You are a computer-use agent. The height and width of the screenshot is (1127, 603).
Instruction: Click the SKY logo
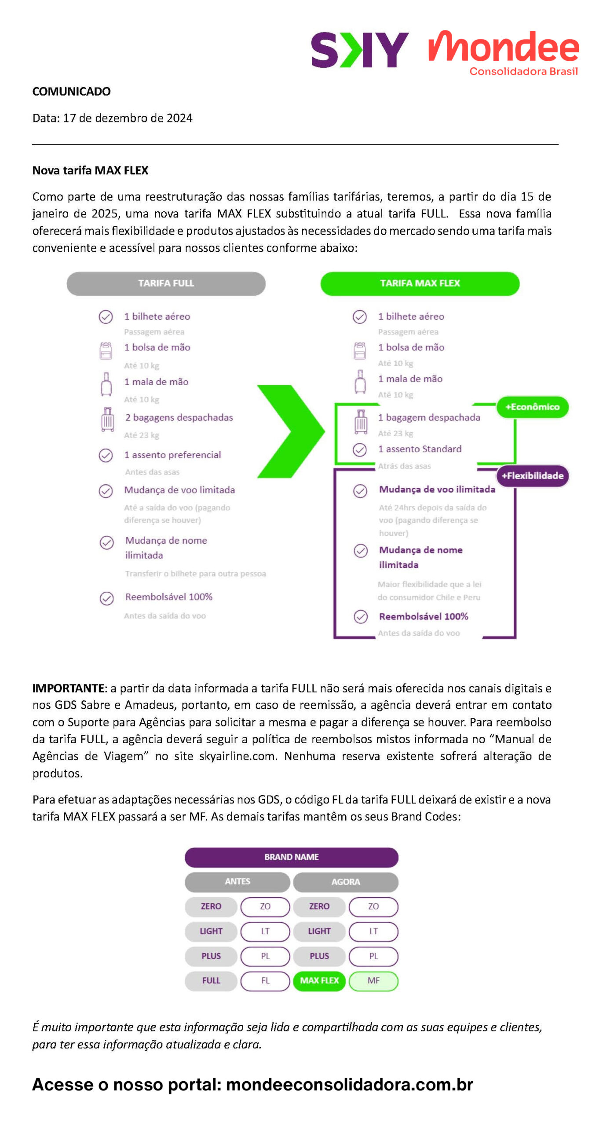360,50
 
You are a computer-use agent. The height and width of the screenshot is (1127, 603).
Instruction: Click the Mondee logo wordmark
504,47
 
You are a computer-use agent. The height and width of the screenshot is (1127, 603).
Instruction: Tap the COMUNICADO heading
71,92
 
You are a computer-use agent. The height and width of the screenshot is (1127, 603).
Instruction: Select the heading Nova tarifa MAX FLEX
90,170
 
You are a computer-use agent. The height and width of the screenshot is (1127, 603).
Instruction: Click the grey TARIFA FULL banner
166,283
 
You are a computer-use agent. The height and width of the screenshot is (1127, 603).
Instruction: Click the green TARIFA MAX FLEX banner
420,283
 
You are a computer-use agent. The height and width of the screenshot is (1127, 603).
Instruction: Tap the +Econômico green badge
532,407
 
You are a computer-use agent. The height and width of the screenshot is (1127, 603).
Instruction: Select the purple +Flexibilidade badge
533,475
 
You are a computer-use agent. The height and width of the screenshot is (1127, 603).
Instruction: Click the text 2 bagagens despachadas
179,417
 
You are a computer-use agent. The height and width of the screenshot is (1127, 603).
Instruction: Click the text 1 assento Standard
420,449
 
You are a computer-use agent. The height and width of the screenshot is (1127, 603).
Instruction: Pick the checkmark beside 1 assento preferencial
106,455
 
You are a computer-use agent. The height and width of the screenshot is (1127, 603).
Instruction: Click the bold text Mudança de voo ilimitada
437,489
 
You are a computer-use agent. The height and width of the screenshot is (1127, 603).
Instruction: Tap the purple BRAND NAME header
291,857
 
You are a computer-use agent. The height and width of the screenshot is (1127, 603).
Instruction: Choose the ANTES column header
237,881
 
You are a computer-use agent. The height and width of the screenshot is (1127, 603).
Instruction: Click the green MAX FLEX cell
319,980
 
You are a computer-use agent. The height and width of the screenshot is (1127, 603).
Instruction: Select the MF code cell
373,980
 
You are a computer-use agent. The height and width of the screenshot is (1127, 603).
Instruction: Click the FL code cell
265,980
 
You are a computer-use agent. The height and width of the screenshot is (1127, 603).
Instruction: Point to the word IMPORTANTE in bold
69,688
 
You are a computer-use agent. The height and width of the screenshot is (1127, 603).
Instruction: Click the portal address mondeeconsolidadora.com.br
350,1084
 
